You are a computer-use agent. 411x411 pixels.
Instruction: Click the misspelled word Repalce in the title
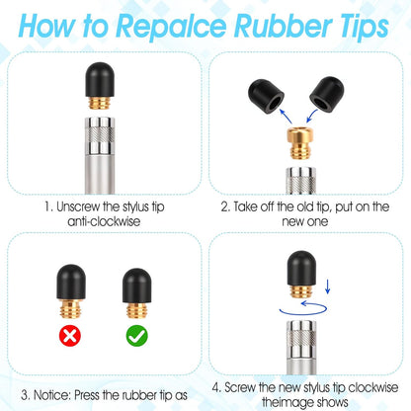(x=171, y=27)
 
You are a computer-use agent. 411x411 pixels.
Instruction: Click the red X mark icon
(x=70, y=336)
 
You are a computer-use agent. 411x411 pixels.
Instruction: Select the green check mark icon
(x=137, y=336)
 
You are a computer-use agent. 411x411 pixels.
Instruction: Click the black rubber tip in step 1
(x=100, y=79)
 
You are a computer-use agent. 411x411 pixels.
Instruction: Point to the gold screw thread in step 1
(x=100, y=103)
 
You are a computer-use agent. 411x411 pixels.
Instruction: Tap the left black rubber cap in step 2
(x=266, y=97)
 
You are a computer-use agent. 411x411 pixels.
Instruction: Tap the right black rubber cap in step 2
(x=327, y=95)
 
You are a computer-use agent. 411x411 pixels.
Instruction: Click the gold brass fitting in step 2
(x=300, y=143)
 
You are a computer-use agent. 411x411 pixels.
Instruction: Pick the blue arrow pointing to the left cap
(x=286, y=117)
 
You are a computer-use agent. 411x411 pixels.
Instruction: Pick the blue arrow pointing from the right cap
(x=311, y=117)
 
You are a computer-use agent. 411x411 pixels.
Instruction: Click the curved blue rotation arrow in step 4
(x=303, y=309)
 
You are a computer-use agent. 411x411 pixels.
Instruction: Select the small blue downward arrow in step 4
(x=327, y=287)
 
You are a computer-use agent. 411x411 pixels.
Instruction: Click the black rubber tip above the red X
(x=71, y=282)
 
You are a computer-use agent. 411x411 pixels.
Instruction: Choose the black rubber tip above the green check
(x=137, y=286)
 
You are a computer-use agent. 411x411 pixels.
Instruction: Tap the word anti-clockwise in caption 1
(x=104, y=221)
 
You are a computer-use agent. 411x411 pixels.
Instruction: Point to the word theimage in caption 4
(x=287, y=402)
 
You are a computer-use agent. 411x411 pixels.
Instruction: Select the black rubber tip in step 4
(x=301, y=268)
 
